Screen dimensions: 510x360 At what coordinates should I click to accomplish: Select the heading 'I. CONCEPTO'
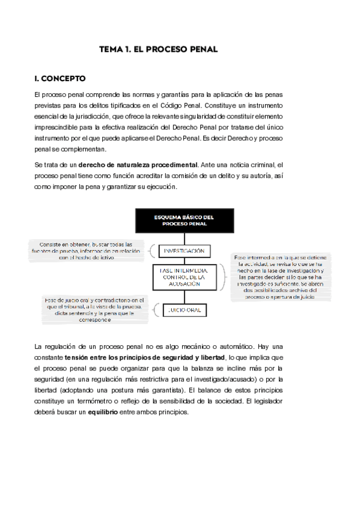60,79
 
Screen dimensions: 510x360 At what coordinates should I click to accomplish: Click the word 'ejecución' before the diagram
159,186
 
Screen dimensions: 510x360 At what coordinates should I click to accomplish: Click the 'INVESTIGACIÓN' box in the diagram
184,250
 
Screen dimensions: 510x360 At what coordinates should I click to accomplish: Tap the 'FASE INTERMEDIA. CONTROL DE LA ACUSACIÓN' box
185,278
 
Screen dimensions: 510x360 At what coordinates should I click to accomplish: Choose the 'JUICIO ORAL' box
183,310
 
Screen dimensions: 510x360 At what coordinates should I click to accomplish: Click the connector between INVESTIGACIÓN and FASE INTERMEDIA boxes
184,261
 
